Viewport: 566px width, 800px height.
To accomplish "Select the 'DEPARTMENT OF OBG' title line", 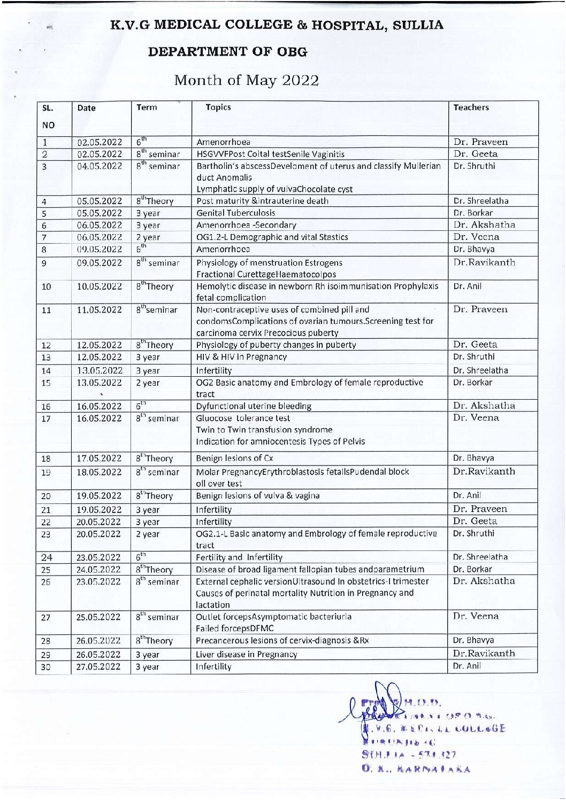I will pyautogui.click(x=227, y=52).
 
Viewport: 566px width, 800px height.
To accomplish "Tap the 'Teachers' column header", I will pyautogui.click(x=471, y=107).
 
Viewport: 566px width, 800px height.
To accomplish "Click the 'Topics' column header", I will pyautogui.click(x=218, y=107).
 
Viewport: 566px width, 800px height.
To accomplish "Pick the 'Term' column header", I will pyautogui.click(x=147, y=107).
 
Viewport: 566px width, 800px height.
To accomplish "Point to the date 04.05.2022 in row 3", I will pyautogui.click(x=100, y=166).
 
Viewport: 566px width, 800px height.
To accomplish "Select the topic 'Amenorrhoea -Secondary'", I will pyautogui.click(x=246, y=225).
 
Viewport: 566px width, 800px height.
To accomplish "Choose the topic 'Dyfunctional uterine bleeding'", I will pyautogui.click(x=254, y=406).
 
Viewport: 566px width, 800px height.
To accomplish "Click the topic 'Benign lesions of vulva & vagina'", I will pyautogui.click(x=258, y=495).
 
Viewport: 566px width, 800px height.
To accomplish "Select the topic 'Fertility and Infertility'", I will pyautogui.click(x=239, y=557).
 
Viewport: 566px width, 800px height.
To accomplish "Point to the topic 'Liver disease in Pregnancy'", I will pyautogui.click(x=246, y=654).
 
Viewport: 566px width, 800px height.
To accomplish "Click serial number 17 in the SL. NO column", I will pyautogui.click(x=46, y=419).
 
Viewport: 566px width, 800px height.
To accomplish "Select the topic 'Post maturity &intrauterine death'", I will pyautogui.click(x=262, y=201).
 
